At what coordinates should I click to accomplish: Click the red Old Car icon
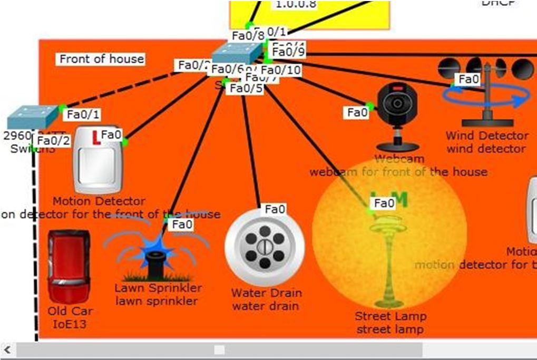[68, 266]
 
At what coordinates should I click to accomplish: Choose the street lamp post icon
[390, 261]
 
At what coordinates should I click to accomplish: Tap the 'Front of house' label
[101, 59]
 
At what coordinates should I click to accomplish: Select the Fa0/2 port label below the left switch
[53, 141]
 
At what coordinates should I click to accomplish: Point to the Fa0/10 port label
[280, 70]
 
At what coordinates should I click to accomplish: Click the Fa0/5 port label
[245, 89]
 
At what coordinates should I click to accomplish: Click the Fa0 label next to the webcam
[357, 112]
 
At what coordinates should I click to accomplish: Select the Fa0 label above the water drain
[275, 209]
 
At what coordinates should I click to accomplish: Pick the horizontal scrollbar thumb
[219, 350]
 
